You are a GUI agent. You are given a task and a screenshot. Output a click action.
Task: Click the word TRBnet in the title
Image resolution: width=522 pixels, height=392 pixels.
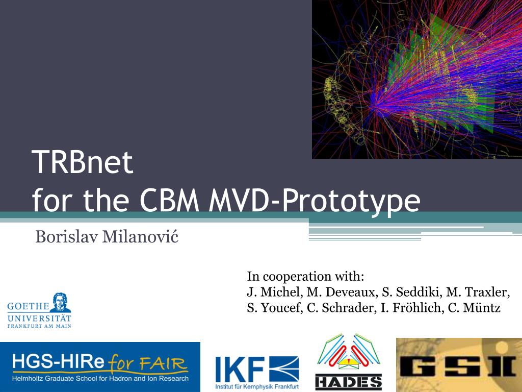82,162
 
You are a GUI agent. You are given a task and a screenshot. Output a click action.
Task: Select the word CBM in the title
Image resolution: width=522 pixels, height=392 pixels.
169,200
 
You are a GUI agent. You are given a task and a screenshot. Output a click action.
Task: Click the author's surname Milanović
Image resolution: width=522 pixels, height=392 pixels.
140,236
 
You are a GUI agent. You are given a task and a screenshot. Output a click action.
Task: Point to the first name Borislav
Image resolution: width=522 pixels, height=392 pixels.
67,237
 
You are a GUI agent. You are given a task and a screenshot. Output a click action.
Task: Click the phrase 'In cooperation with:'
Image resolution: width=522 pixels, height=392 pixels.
306,276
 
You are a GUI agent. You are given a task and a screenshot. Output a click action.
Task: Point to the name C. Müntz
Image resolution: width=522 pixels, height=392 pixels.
474,307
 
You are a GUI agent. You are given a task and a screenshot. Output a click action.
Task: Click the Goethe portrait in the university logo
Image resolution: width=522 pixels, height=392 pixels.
61,302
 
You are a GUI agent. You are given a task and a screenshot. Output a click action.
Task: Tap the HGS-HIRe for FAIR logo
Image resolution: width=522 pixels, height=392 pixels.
100,366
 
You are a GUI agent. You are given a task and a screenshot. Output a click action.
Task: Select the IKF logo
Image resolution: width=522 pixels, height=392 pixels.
257,372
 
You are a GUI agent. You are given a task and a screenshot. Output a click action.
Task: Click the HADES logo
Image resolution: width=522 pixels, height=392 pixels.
349,362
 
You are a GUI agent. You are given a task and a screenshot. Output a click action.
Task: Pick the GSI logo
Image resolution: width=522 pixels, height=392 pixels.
459,365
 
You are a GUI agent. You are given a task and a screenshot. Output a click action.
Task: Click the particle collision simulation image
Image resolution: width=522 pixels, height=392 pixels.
417,79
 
